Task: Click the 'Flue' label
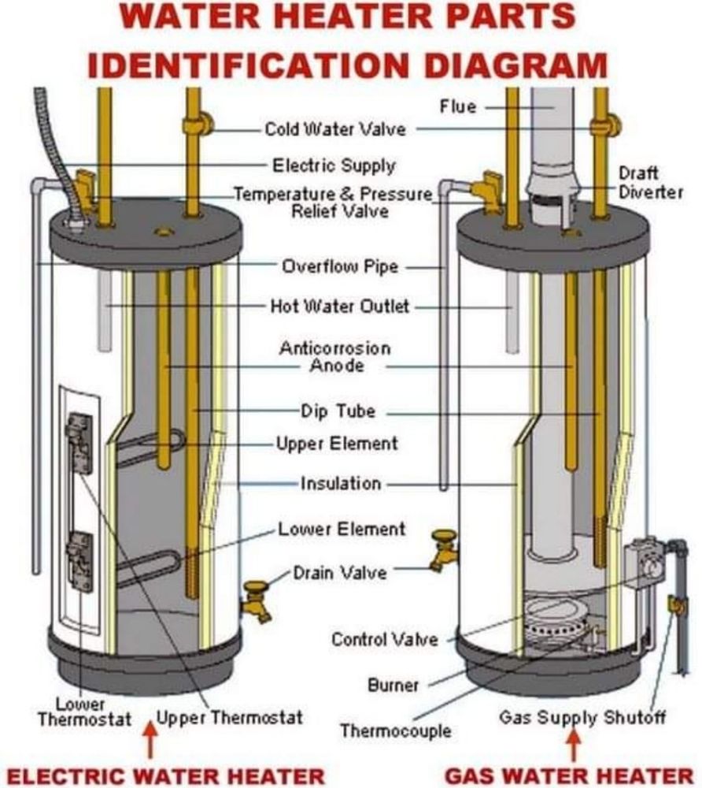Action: coord(458,106)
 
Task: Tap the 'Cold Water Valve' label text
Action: coord(334,128)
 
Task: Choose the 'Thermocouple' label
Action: coord(395,730)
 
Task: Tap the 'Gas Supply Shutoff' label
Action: coord(582,717)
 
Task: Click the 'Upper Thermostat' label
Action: coord(229,717)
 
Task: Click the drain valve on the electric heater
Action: coord(257,600)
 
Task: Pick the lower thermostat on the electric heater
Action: coord(79,560)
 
